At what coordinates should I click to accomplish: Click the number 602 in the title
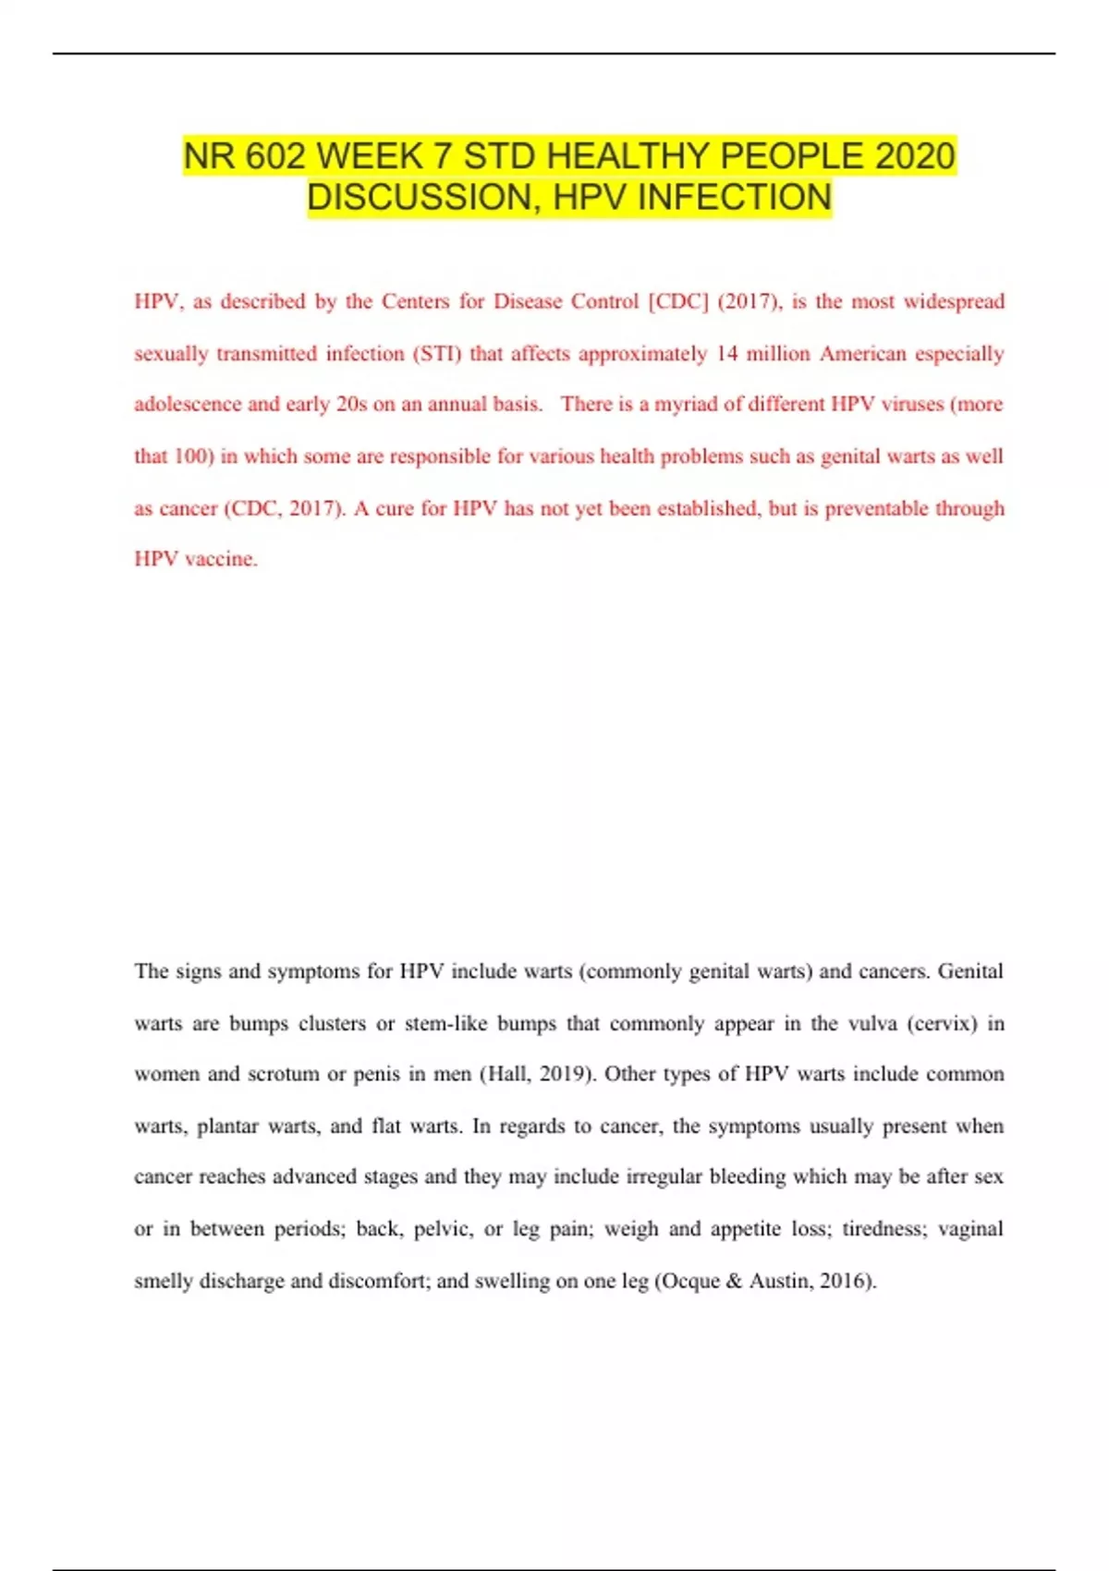(275, 156)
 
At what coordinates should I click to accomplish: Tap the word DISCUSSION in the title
(421, 198)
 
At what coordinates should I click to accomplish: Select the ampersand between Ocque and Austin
(734, 1281)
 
